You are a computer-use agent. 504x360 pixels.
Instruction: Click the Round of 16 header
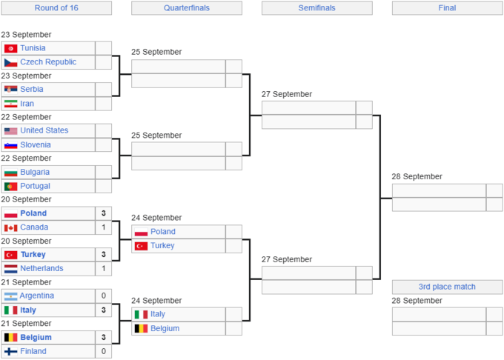(x=56, y=8)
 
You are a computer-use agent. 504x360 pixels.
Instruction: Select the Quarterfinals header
(x=187, y=8)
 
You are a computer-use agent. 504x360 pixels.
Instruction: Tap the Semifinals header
(x=316, y=8)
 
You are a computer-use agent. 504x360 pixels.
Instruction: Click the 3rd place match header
(x=447, y=287)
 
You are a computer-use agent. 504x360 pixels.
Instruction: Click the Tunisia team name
(x=33, y=48)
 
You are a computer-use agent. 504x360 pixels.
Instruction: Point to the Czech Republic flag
(x=10, y=62)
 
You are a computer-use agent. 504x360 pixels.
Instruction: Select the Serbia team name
(x=31, y=90)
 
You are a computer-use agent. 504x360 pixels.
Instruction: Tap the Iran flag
(x=10, y=104)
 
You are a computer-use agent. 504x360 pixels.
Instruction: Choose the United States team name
(x=44, y=130)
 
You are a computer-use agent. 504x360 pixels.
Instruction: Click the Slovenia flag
(x=10, y=145)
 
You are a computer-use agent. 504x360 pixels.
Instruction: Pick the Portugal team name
(x=35, y=186)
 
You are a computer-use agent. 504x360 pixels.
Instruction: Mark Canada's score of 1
(x=104, y=227)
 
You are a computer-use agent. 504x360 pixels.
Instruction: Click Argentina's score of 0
(x=104, y=296)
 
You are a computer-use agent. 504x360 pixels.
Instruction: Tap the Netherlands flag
(x=10, y=269)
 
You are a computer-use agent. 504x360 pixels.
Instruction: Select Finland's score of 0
(x=104, y=351)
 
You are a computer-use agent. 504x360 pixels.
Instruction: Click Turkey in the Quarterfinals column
(x=162, y=246)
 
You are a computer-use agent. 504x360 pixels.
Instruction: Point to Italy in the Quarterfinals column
(x=158, y=314)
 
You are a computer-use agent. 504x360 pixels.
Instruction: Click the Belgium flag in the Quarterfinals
(x=141, y=329)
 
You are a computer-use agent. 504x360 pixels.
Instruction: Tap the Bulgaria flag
(x=10, y=173)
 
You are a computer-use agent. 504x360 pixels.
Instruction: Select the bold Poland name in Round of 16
(x=33, y=213)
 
